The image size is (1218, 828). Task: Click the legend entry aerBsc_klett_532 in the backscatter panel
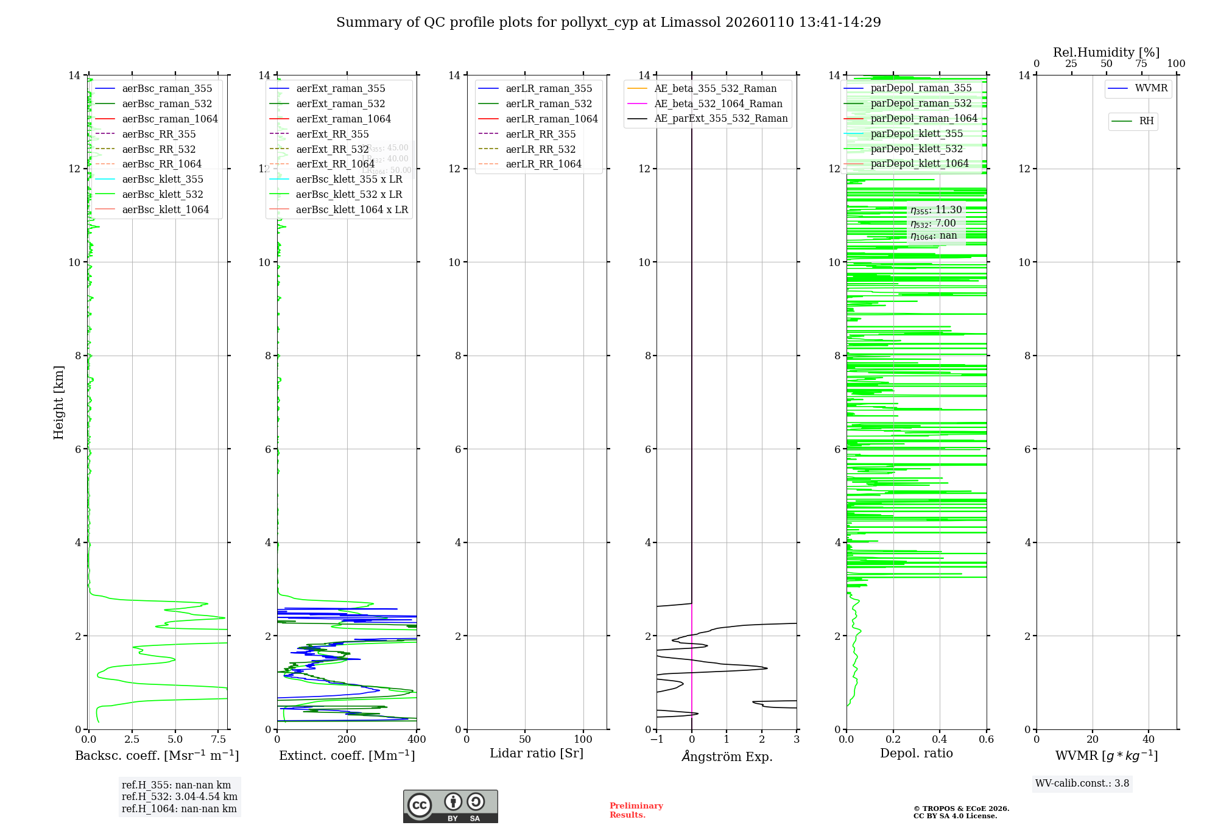click(x=163, y=194)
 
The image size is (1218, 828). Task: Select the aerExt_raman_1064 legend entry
click(x=343, y=119)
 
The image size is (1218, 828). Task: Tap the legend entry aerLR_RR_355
click(x=540, y=134)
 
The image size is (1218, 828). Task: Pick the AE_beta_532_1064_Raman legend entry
click(x=718, y=103)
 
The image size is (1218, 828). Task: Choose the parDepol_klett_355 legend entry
click(x=917, y=133)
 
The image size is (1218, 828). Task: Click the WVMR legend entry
click(x=1151, y=88)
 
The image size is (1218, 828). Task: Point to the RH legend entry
click(x=1146, y=121)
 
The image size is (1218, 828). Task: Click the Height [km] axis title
click(x=58, y=402)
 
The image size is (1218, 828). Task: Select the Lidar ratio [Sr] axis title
click(x=537, y=753)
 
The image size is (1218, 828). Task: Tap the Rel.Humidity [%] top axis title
click(x=1106, y=52)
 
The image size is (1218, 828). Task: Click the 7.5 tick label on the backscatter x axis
click(x=219, y=740)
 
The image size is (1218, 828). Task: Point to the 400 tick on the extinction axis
click(x=417, y=740)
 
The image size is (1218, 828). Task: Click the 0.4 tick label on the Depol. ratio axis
click(x=940, y=740)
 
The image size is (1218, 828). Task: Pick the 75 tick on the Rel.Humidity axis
click(x=1141, y=64)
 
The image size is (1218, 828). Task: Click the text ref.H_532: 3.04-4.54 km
click(x=179, y=796)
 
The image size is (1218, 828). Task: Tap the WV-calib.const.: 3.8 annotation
click(x=1082, y=784)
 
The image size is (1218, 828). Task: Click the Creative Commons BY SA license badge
click(x=450, y=807)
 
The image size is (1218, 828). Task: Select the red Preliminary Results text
click(x=636, y=810)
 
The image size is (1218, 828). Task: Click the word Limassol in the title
click(x=694, y=23)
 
